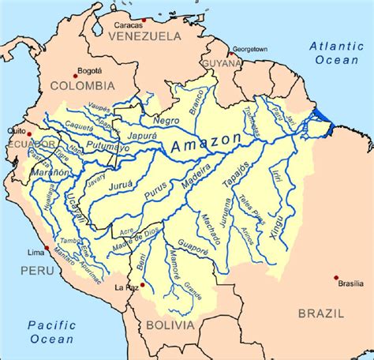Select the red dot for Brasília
pyautogui.click(x=336, y=278)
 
